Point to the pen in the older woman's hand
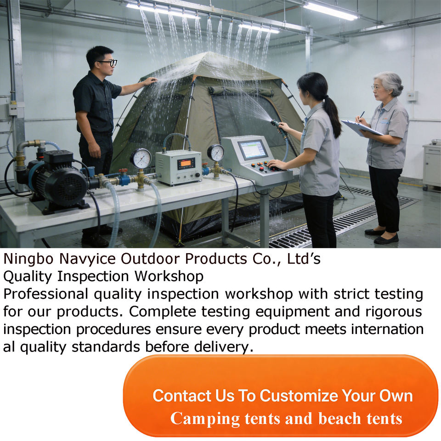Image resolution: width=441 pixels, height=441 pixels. coord(361,116)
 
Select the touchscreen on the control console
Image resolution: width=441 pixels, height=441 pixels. coord(252,150)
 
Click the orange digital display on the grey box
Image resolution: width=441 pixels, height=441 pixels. coord(186,164)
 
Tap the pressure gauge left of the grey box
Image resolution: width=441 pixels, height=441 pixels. coord(141,158)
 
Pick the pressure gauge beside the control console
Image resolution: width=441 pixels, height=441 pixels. coord(216,153)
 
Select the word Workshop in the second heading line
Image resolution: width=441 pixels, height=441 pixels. coord(169,276)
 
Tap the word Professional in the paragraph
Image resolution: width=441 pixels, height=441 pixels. coord(46,294)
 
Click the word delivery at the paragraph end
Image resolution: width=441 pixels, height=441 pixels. coord(221,347)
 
